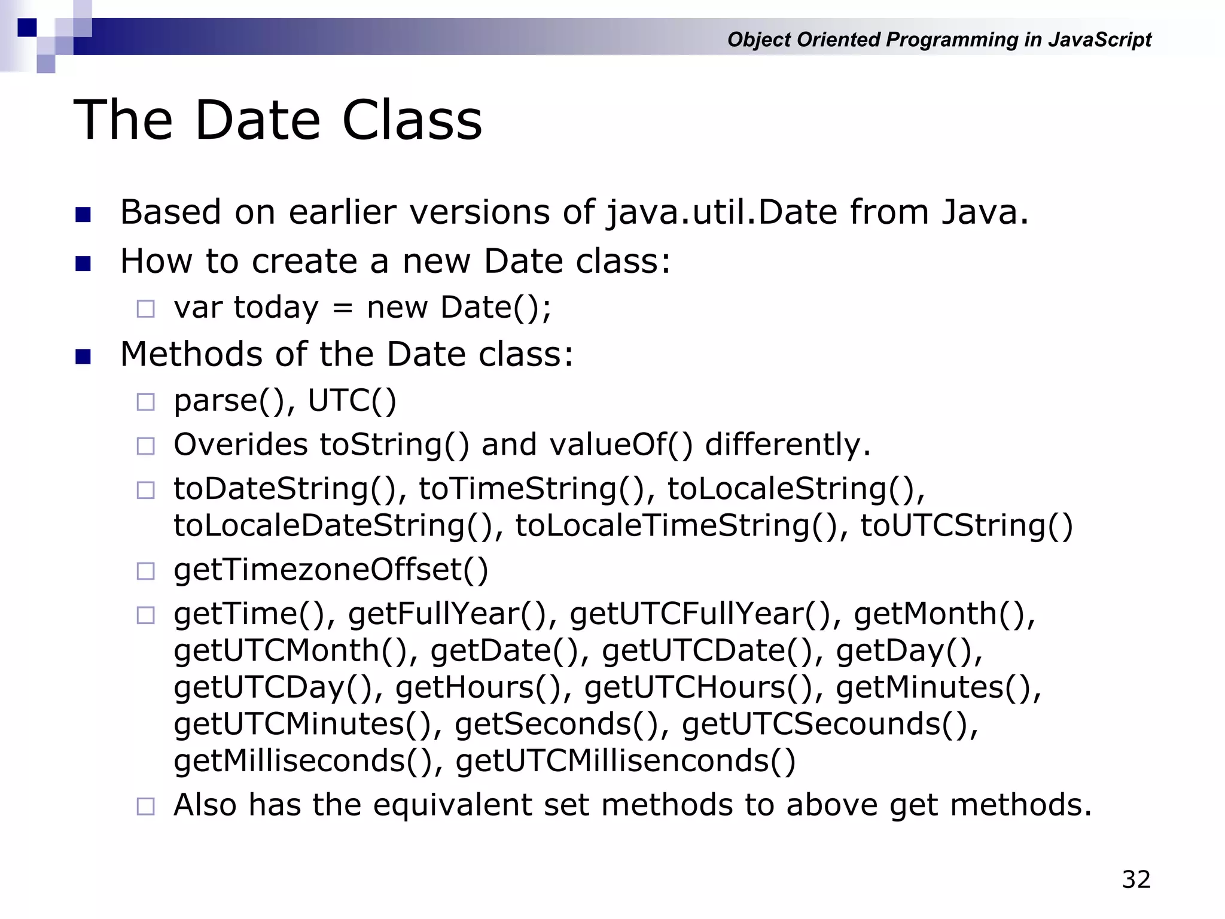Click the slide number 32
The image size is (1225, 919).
(x=1136, y=880)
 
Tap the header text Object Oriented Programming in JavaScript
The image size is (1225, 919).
(x=938, y=39)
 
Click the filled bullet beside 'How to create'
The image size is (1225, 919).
(x=83, y=263)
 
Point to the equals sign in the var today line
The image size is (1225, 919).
(x=342, y=309)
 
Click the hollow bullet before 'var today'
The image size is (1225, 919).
(x=145, y=309)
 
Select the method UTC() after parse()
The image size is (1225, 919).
(x=352, y=401)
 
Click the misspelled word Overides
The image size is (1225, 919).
(x=240, y=445)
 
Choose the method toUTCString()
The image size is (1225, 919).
(x=966, y=526)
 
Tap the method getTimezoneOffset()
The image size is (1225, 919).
(x=331, y=570)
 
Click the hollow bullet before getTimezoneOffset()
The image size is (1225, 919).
(x=145, y=571)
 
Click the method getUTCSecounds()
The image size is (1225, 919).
(x=829, y=725)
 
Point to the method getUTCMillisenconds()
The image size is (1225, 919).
(x=625, y=761)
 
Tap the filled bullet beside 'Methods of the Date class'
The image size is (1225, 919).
(x=83, y=357)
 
